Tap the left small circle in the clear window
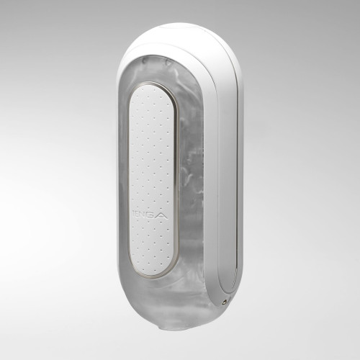(147, 61)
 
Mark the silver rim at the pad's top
(152, 85)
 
